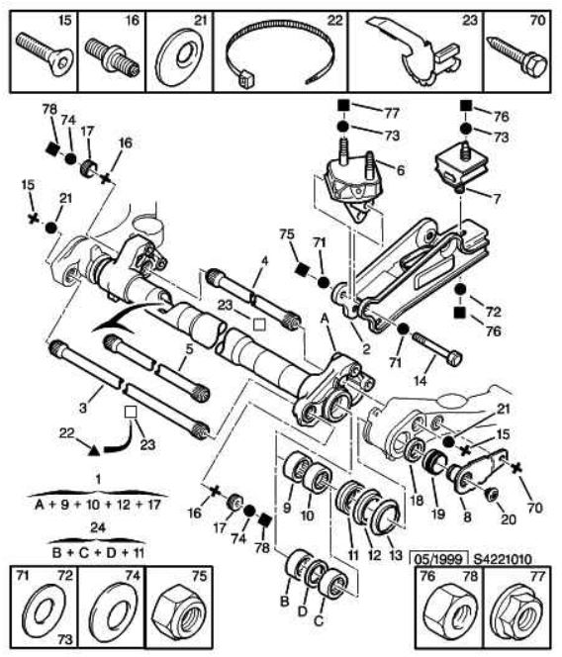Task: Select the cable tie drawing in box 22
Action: tap(280, 56)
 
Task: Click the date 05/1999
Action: tap(440, 559)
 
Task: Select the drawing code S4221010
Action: tap(503, 559)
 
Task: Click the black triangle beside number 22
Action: tap(95, 450)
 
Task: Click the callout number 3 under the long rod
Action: tap(83, 408)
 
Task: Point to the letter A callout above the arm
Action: tap(324, 320)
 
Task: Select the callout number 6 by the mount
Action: tap(401, 170)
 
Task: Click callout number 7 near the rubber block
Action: tap(497, 198)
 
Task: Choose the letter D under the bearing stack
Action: tap(303, 611)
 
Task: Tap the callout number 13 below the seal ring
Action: tap(396, 556)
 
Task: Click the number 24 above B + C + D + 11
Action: tap(98, 527)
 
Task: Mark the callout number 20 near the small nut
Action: tap(509, 519)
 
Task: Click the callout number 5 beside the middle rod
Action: tap(189, 348)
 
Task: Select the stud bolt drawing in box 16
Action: tap(113, 56)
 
